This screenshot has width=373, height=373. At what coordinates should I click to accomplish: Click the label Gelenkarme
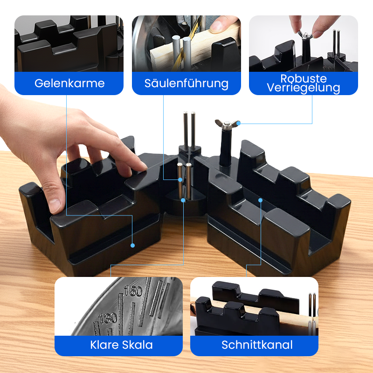[x=69, y=83]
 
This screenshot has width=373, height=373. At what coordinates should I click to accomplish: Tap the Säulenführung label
[x=186, y=83]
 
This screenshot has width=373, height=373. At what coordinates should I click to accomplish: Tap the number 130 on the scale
[x=108, y=318]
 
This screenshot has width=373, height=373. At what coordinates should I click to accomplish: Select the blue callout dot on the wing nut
[x=238, y=124]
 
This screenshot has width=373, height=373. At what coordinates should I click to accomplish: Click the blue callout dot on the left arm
[x=132, y=245]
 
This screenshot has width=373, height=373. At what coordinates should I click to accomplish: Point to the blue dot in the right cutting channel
[x=261, y=200]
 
